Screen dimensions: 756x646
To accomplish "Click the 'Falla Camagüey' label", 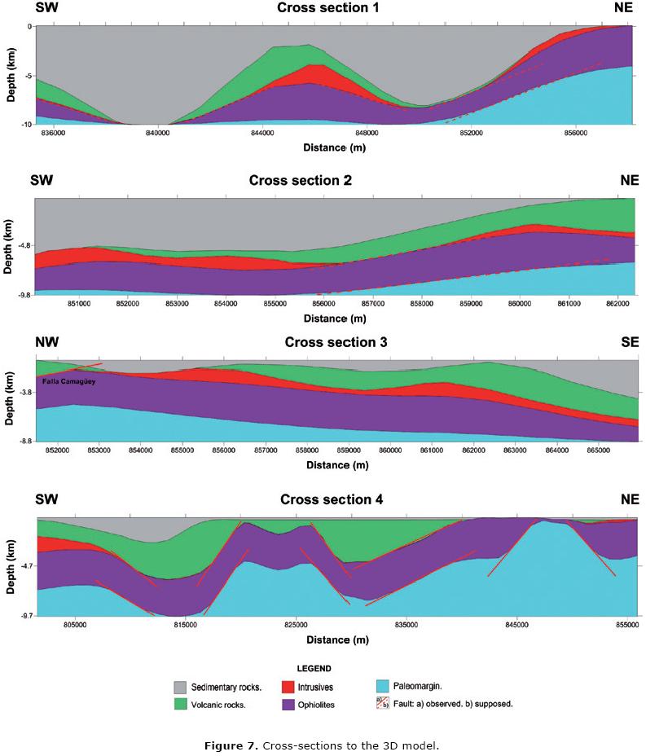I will tap(66, 380).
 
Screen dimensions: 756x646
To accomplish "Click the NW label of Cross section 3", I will tap(46, 341).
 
